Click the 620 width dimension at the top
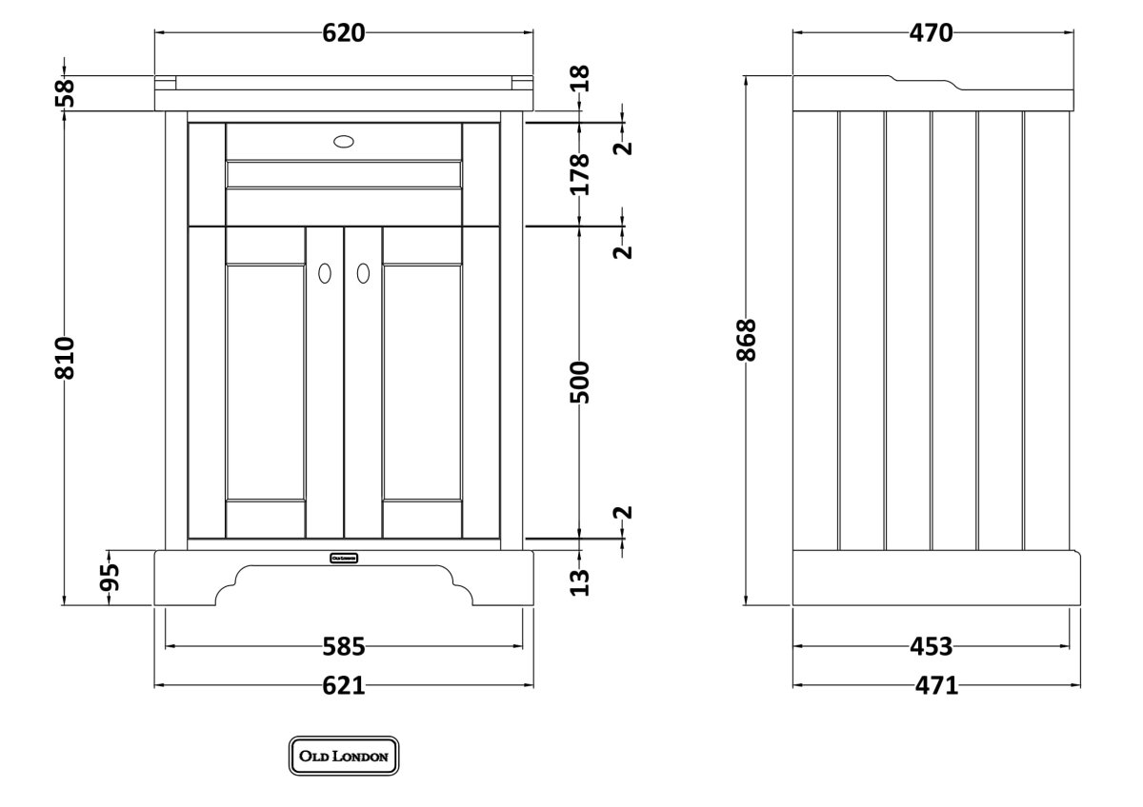coord(344,33)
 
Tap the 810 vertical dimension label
coord(65,358)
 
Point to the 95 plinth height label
coord(110,577)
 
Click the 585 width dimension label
coord(344,647)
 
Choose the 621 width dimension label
coord(344,685)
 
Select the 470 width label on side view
coord(931,33)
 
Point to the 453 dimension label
coord(931,647)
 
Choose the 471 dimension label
coord(931,685)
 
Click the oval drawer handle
coord(344,142)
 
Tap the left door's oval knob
coord(325,273)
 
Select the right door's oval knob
coord(363,273)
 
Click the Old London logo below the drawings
coord(344,757)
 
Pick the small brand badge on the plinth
coord(344,557)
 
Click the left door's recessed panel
coord(266,383)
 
